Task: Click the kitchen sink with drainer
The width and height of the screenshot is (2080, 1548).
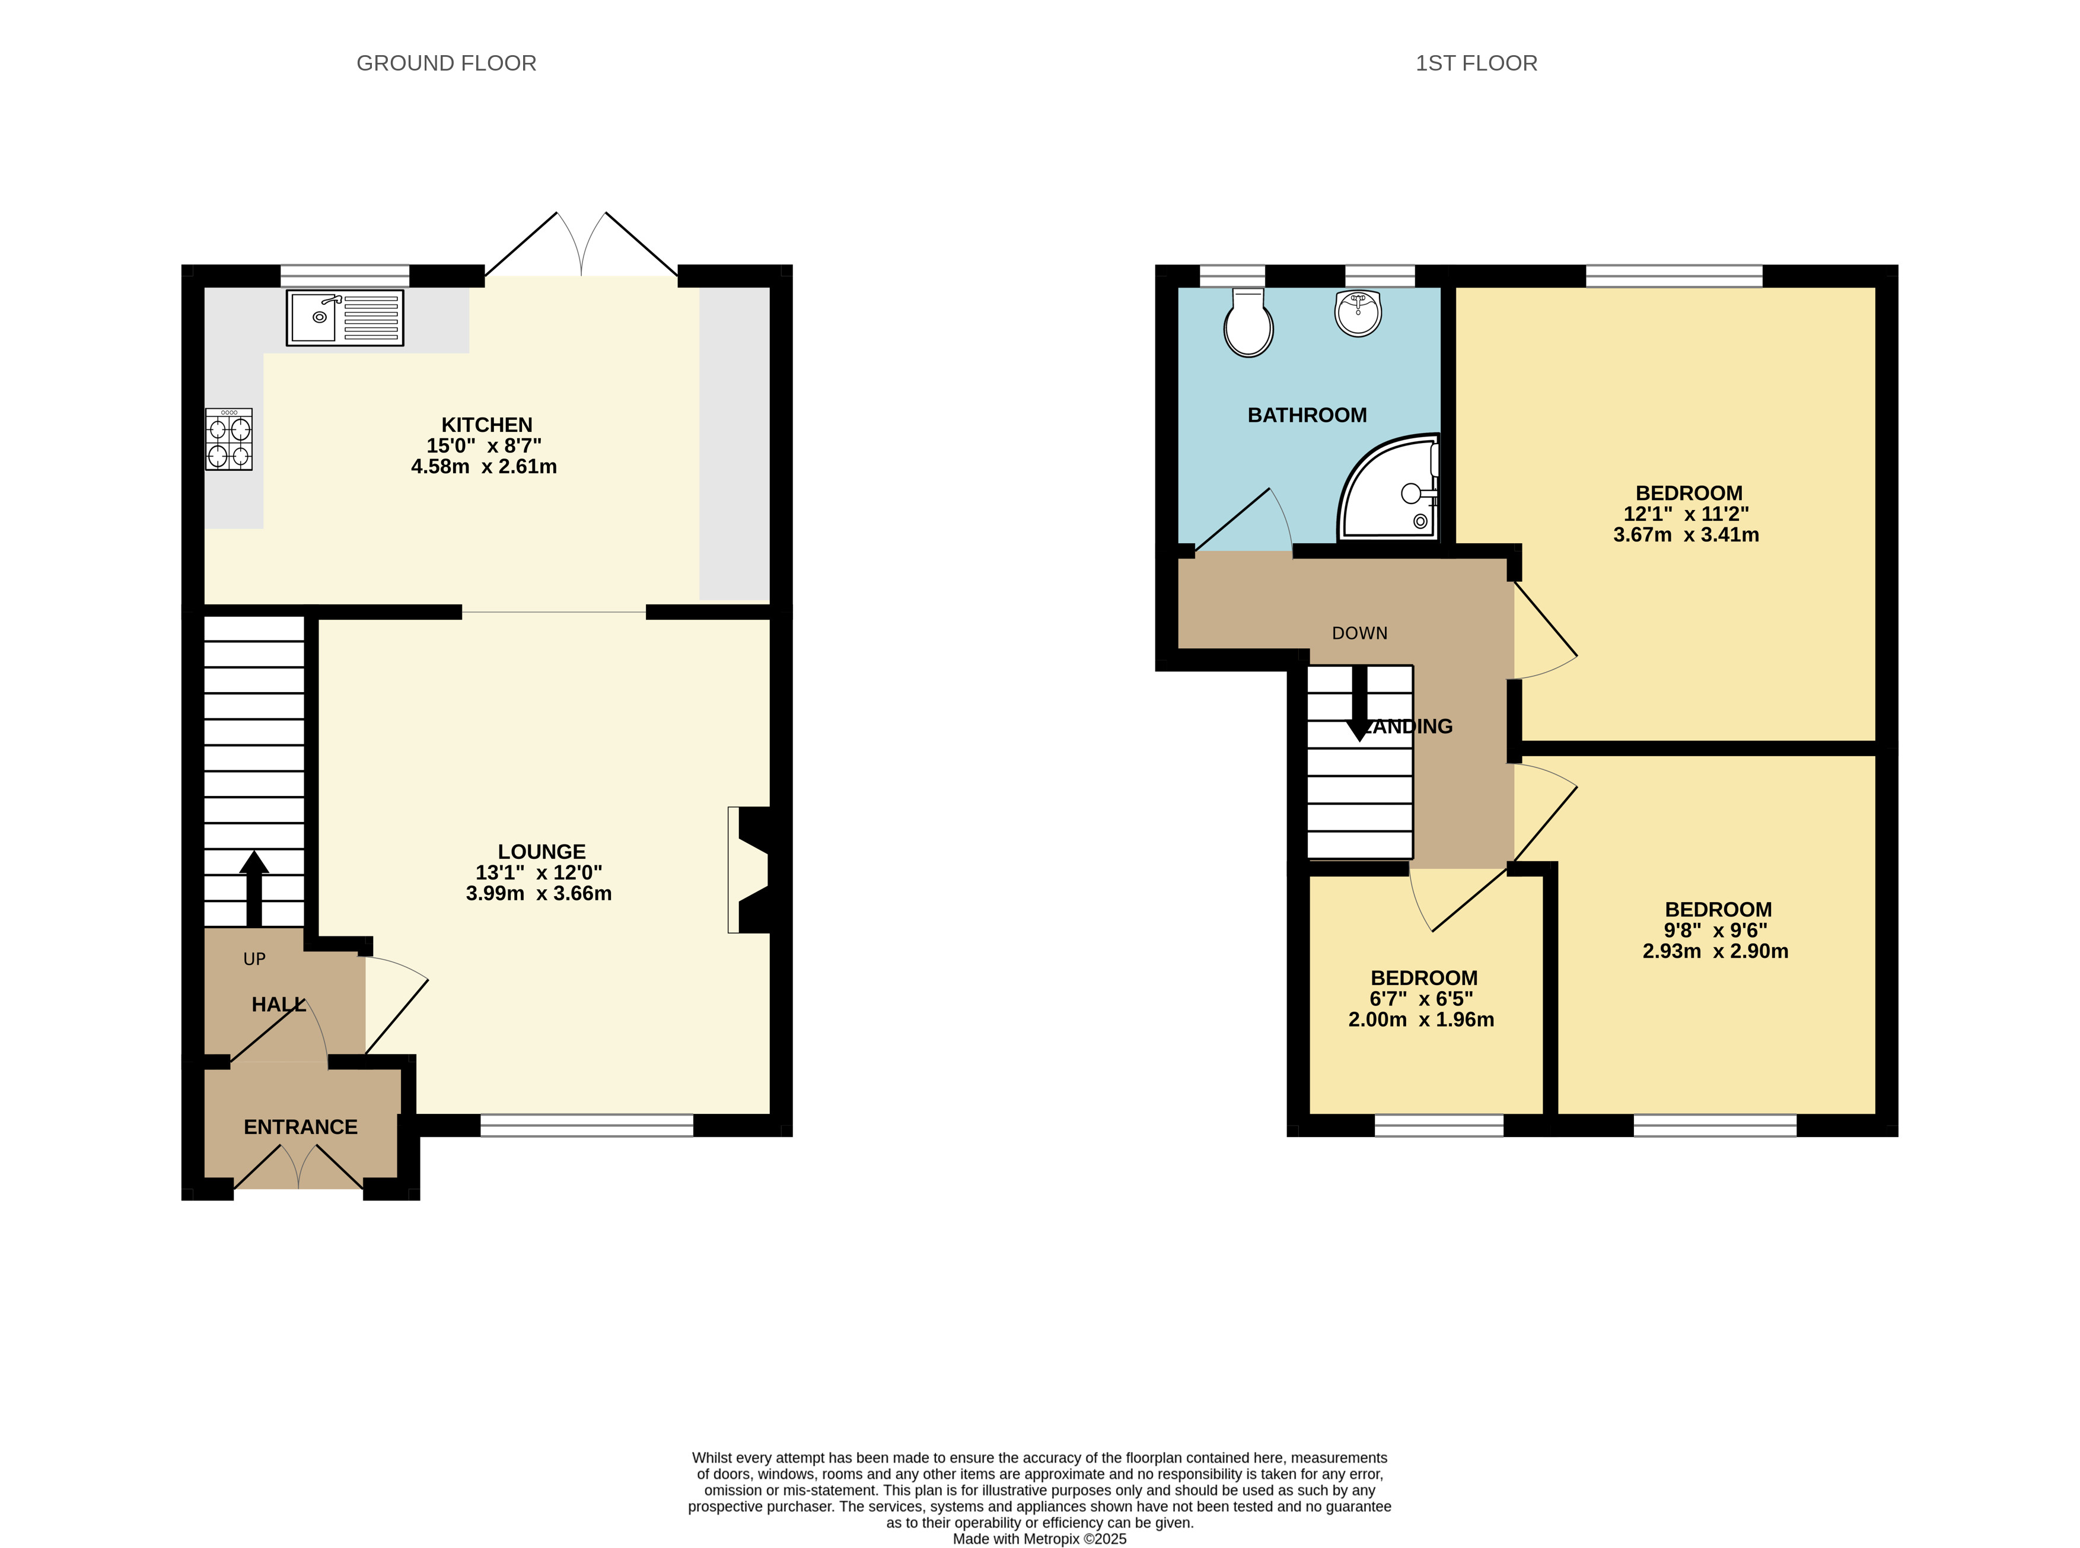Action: (x=345, y=318)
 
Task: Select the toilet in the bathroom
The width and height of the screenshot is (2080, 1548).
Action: (x=1248, y=322)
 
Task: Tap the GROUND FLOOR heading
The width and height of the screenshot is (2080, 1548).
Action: (x=447, y=63)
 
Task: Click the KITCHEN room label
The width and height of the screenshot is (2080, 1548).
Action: (x=486, y=425)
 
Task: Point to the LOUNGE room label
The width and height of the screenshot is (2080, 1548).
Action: (x=541, y=852)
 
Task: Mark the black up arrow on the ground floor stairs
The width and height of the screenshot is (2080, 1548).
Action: (x=254, y=889)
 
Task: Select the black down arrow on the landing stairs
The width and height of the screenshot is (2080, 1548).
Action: (x=1359, y=704)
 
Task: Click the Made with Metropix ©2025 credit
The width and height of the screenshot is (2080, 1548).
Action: (x=1040, y=1539)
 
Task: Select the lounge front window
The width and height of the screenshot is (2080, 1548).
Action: (x=587, y=1125)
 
